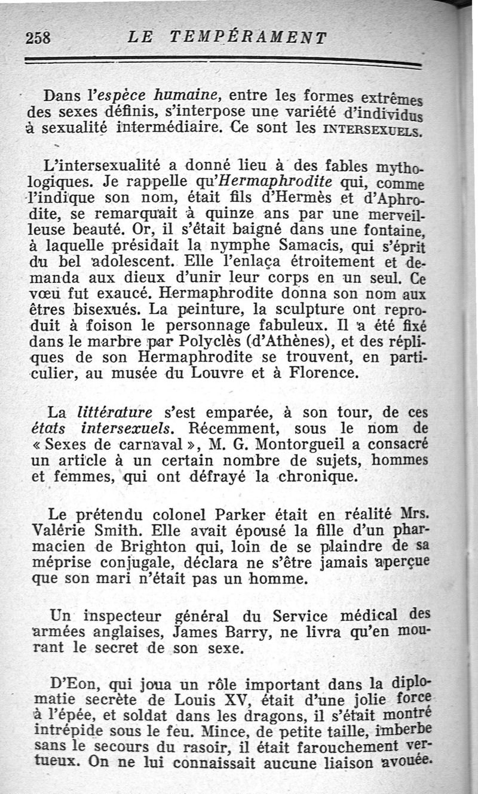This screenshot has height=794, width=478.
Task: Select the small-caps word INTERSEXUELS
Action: click(x=373, y=128)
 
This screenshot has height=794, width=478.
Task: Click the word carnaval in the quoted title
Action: click(x=154, y=445)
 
